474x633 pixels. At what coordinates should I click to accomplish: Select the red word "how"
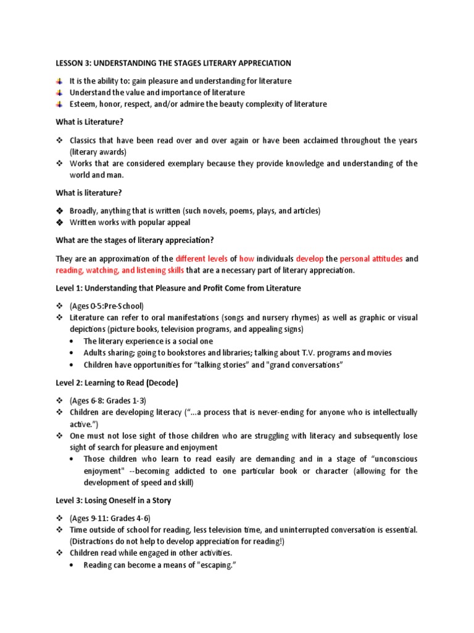246,259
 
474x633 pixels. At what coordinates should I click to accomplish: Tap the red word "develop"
309,259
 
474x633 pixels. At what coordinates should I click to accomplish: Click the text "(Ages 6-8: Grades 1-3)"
107,400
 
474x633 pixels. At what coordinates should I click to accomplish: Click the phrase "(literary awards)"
98,151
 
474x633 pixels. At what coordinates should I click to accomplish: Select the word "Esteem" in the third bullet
83,104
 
